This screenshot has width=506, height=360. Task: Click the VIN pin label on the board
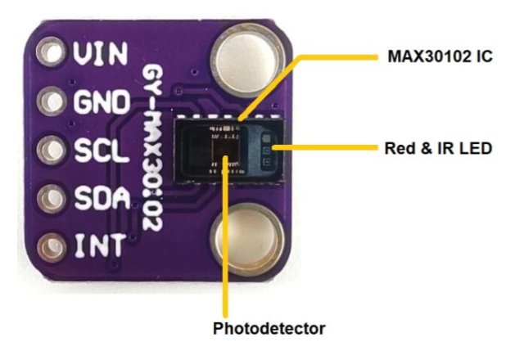click(101, 55)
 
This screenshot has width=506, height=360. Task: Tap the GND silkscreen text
click(101, 103)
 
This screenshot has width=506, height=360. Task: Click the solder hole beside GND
click(53, 103)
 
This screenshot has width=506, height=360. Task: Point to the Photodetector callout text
click(269, 329)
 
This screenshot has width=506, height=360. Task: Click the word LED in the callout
click(475, 149)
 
